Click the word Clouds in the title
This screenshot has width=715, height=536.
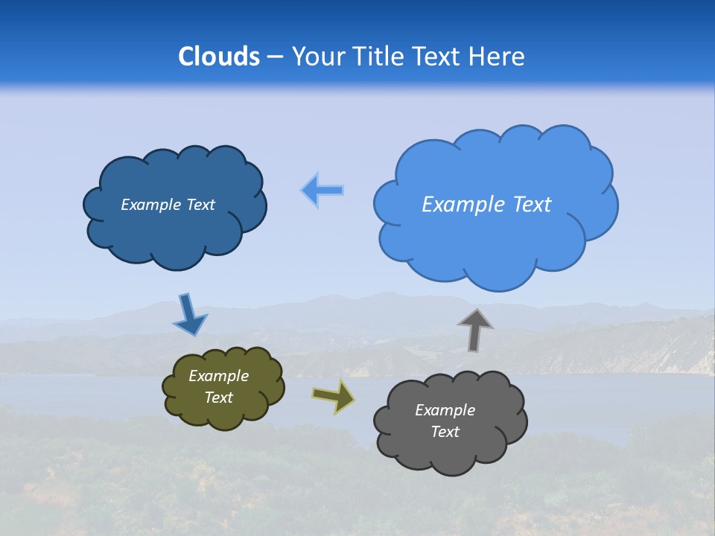pyautogui.click(x=218, y=57)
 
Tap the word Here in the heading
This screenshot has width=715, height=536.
pyautogui.click(x=497, y=57)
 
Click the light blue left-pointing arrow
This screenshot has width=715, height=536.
pyautogui.click(x=322, y=190)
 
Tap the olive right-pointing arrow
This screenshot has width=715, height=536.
pyautogui.click(x=333, y=396)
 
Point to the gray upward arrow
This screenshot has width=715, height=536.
pyautogui.click(x=475, y=330)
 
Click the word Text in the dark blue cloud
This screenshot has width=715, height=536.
pyautogui.click(x=200, y=205)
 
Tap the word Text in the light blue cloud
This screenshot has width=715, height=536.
pyautogui.click(x=532, y=205)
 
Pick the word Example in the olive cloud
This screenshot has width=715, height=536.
pyautogui.click(x=219, y=376)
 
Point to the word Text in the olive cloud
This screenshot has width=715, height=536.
pyautogui.click(x=219, y=398)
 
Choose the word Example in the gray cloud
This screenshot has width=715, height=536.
pyautogui.click(x=445, y=410)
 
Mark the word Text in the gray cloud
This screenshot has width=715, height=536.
pyautogui.click(x=445, y=432)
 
